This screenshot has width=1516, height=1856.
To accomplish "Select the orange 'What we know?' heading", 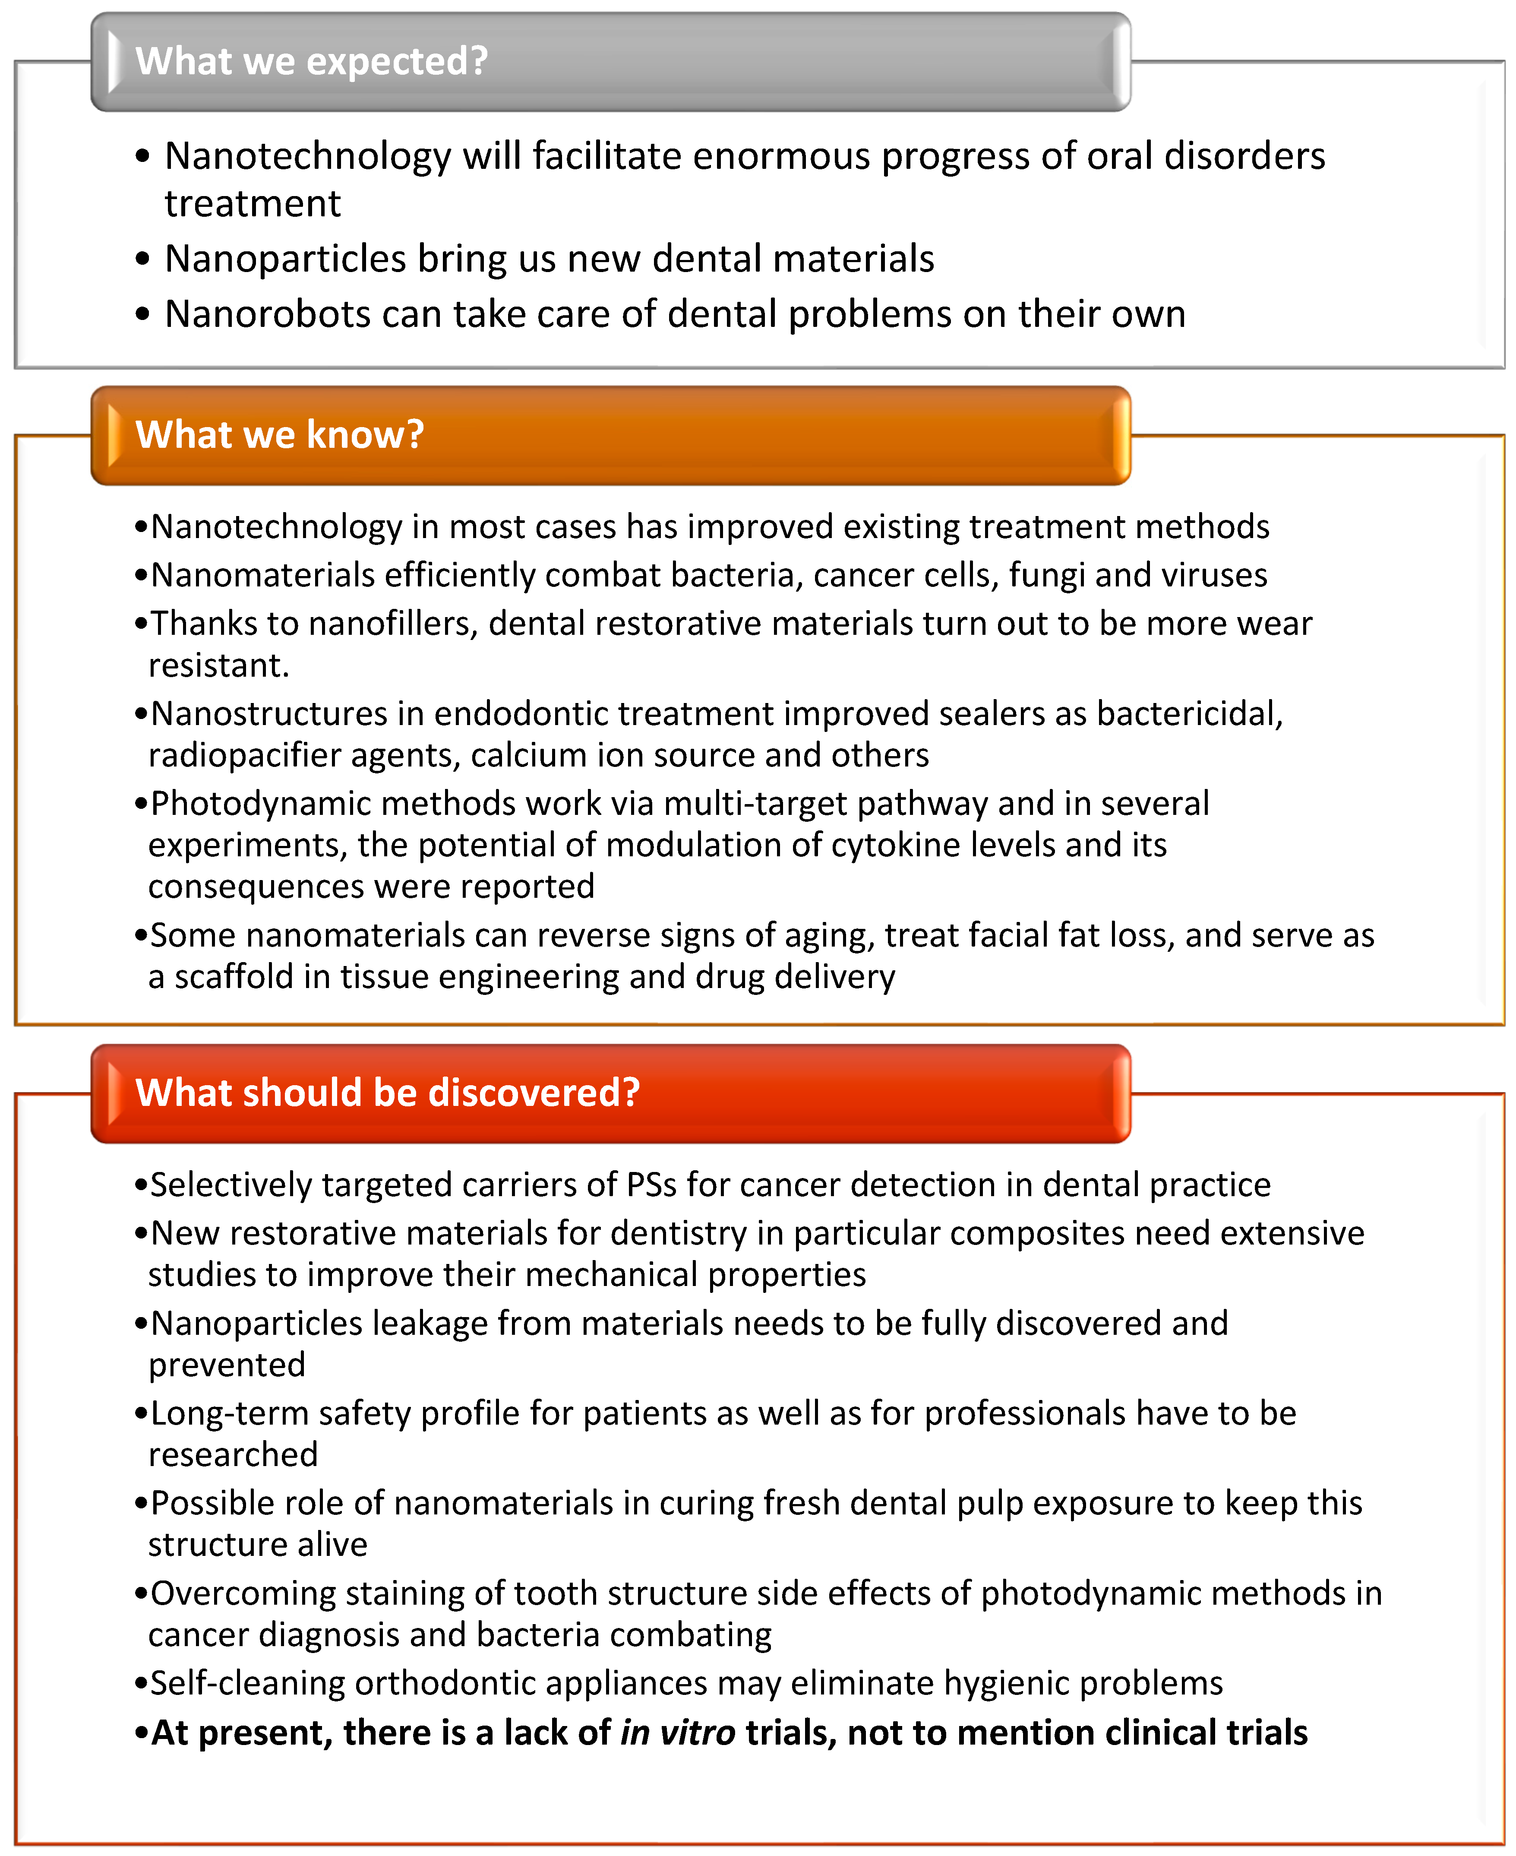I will point(279,435).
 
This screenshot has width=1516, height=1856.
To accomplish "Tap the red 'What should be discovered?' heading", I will point(388,1093).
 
